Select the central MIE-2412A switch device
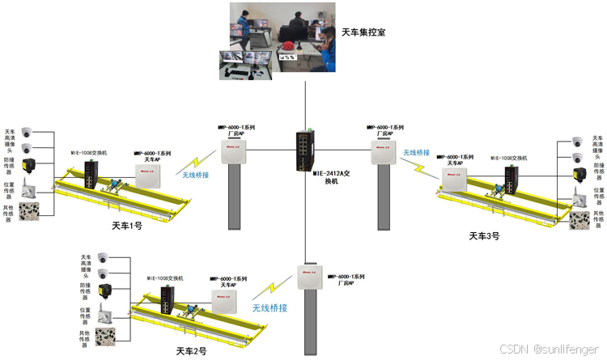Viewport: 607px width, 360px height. click(x=305, y=150)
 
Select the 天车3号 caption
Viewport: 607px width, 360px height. click(x=484, y=236)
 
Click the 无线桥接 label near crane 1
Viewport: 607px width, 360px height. click(x=196, y=176)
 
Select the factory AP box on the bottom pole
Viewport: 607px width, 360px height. click(x=309, y=277)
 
